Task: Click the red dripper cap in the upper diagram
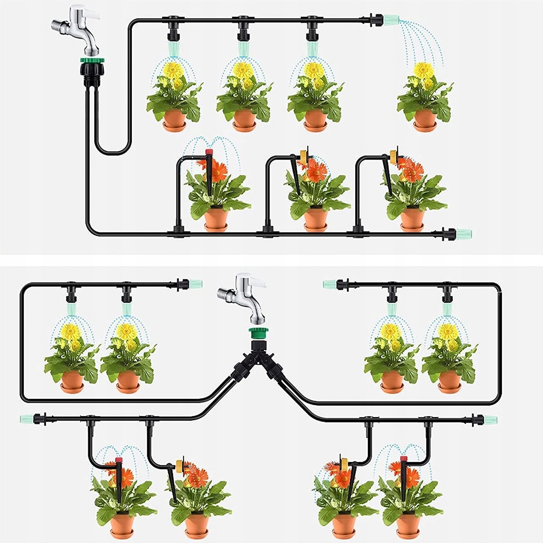(209, 152)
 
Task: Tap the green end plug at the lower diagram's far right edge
(490, 420)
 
